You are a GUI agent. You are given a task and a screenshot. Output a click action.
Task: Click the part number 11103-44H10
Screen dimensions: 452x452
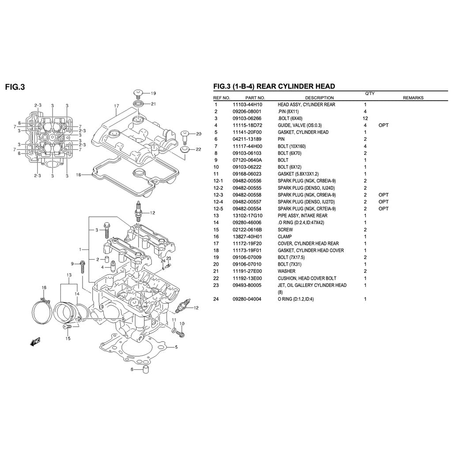coord(247,105)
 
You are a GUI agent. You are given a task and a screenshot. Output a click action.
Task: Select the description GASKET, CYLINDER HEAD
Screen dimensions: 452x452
coord(303,132)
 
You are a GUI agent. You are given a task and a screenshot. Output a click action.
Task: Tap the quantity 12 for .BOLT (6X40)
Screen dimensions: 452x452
coord(365,118)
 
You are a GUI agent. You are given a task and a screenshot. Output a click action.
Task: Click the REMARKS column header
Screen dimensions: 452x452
coord(413,98)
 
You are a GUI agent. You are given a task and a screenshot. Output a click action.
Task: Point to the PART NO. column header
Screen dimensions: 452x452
coord(255,98)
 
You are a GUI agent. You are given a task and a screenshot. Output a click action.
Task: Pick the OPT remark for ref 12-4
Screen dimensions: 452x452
coord(383,202)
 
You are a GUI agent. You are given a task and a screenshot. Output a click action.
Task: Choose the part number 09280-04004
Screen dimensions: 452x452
coord(247,299)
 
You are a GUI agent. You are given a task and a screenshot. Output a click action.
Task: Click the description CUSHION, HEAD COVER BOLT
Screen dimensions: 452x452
coord(307,279)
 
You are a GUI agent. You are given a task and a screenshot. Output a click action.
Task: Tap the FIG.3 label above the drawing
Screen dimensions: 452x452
coord(15,87)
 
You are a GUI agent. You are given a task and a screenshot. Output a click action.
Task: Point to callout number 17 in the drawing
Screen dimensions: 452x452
coord(117,106)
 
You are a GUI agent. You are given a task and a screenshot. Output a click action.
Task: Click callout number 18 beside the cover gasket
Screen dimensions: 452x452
coord(79,174)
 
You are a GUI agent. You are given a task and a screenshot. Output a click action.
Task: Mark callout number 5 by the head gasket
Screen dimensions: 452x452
coord(176,347)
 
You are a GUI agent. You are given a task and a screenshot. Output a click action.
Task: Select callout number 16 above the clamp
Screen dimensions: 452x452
coord(44,288)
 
